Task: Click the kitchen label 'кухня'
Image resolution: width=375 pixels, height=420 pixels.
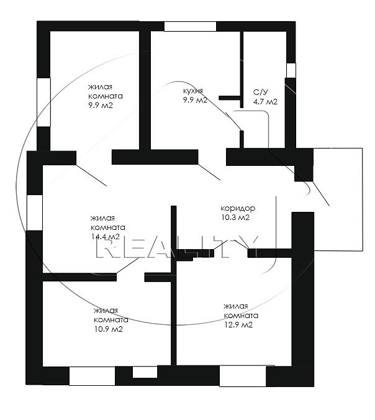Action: coord(193,91)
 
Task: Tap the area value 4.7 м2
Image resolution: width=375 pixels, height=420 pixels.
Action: coord(265,102)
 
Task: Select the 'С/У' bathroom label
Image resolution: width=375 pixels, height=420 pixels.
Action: coord(260,93)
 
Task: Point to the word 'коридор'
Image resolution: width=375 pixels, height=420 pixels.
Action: coord(238,208)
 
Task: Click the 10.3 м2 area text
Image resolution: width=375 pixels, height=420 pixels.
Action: coord(235,217)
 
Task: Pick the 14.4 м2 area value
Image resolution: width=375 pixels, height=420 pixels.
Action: coord(105,237)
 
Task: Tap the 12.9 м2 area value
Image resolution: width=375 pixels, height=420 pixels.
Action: coord(238,325)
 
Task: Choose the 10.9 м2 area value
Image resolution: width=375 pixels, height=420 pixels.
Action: coord(109,329)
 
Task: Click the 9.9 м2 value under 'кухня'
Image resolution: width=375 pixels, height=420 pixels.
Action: coord(195,100)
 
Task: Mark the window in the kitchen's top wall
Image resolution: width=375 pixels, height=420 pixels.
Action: coord(190,27)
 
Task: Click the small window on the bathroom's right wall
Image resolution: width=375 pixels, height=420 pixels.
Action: coord(291,70)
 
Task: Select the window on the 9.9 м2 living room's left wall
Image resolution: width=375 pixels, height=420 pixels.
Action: coord(43,103)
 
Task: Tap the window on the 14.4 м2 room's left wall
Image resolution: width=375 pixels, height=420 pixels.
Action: coord(35,212)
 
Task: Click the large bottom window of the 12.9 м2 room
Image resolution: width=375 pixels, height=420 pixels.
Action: coord(243,376)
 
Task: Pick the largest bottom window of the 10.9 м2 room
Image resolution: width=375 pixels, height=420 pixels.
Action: coord(92,376)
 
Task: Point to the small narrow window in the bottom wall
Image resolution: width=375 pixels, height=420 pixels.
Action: coord(145,372)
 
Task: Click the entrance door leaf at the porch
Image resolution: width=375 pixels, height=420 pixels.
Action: coord(321,193)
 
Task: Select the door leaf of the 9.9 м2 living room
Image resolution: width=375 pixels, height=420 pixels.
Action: coord(91,175)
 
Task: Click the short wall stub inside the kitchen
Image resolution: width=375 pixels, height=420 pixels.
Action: coord(229,98)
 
